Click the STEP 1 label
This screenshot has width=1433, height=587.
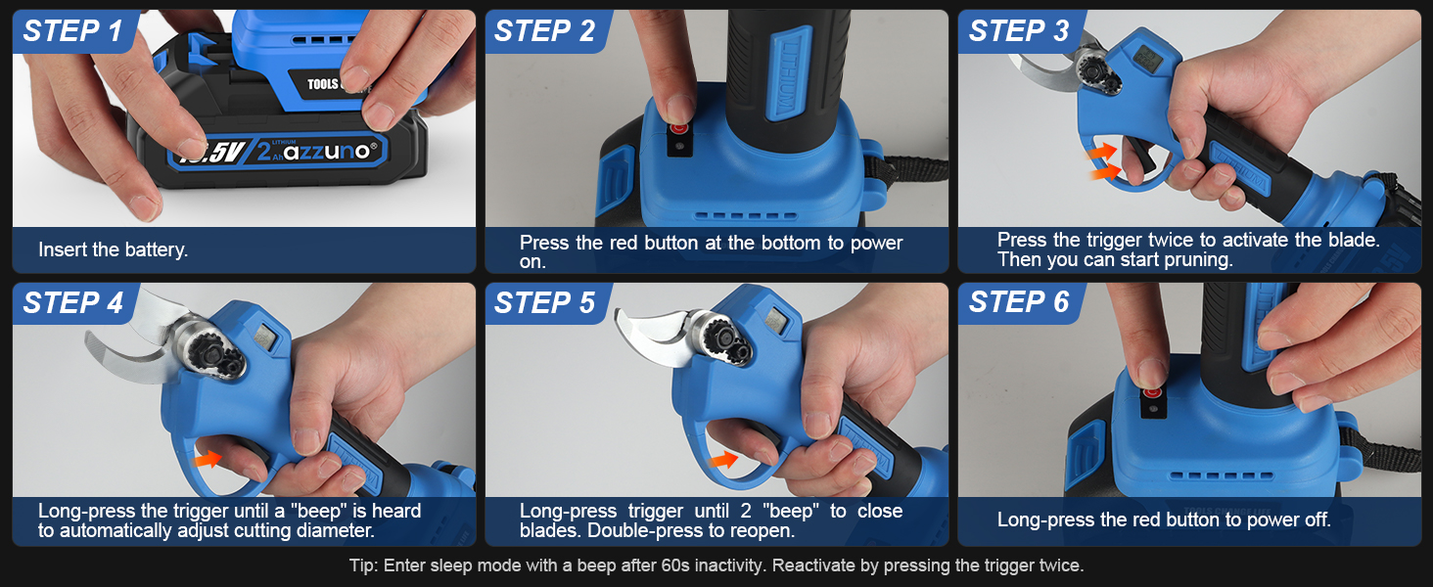(72, 31)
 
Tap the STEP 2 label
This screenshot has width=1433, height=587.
(544, 31)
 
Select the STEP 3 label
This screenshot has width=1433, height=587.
(1018, 31)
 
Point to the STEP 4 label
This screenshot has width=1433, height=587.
(72, 303)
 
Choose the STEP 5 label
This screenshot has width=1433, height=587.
(544, 303)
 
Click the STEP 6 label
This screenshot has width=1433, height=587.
(1018, 303)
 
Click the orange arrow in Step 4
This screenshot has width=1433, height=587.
(208, 457)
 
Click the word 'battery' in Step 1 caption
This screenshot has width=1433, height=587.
(157, 250)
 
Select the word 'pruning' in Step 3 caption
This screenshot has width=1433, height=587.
(1202, 260)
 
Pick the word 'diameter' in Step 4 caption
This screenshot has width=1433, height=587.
(339, 531)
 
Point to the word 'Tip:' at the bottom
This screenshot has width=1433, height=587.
(365, 565)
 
